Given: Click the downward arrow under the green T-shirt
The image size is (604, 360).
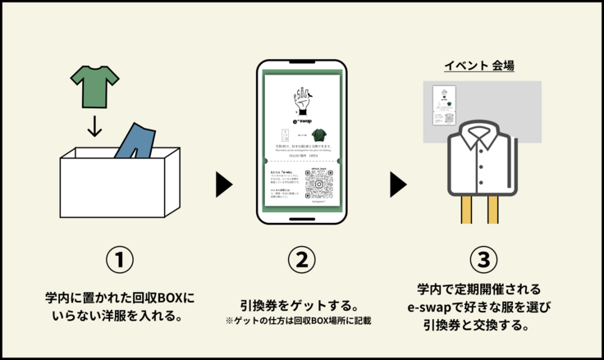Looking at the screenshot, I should click(94, 125).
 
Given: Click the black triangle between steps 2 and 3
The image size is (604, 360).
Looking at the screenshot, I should click(398, 185).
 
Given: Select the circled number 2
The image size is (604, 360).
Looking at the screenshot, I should click(301, 260).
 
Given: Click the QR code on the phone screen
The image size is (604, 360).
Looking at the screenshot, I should click(319, 185).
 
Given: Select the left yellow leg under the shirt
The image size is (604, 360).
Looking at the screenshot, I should click(467, 209).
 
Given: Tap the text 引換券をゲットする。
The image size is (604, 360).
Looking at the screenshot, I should click(301, 303).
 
